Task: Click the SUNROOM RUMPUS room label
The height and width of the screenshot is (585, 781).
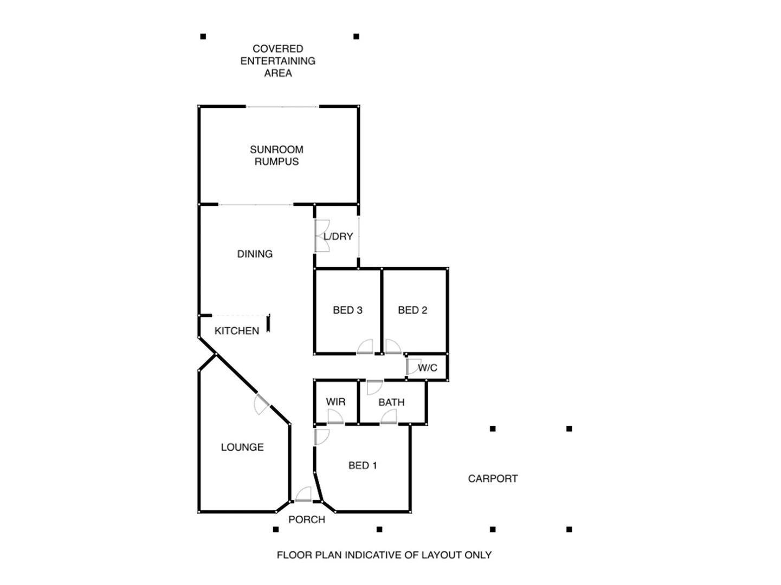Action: point(276,155)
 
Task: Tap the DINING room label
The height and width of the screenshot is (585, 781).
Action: point(255,254)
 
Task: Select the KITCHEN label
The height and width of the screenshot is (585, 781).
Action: point(236,331)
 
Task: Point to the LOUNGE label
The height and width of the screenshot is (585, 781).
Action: point(242,447)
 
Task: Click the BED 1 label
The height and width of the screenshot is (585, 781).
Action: point(363,466)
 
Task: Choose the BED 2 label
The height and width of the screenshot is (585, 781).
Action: point(412,310)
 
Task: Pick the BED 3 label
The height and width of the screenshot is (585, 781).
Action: point(347,310)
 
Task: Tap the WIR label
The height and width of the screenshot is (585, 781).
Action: point(335,402)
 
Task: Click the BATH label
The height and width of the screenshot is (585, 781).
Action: point(391,402)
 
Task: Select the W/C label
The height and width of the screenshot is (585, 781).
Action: point(428,368)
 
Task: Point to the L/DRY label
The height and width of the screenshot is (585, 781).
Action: point(338,237)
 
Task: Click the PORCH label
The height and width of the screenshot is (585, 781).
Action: point(307,520)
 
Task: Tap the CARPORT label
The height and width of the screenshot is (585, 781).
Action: point(493,479)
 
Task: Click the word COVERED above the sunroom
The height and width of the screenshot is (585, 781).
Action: point(277,49)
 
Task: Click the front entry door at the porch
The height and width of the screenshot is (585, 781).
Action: point(304,495)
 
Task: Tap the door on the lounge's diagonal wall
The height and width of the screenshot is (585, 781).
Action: point(262,404)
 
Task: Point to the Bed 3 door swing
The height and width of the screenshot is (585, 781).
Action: point(365,347)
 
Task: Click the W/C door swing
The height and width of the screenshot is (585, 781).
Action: point(414,366)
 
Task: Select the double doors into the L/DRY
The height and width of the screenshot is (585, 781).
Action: point(321,236)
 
